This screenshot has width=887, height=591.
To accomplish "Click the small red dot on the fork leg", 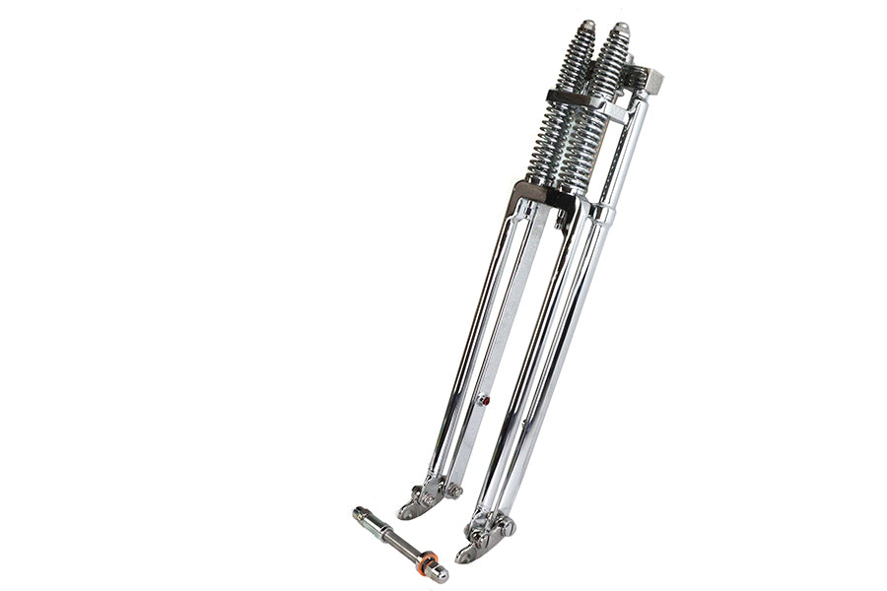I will click(x=482, y=400).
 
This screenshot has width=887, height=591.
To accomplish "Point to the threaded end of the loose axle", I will click(x=362, y=514).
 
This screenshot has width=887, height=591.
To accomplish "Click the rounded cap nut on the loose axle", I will click(x=440, y=573).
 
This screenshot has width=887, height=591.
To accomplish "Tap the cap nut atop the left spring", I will click(x=587, y=27).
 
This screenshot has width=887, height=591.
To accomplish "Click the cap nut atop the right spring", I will click(x=620, y=30).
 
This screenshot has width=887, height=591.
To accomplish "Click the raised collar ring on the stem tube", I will click(x=603, y=213).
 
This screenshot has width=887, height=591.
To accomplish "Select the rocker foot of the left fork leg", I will click(x=419, y=503).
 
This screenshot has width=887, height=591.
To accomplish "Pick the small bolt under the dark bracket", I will click(x=559, y=223).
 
